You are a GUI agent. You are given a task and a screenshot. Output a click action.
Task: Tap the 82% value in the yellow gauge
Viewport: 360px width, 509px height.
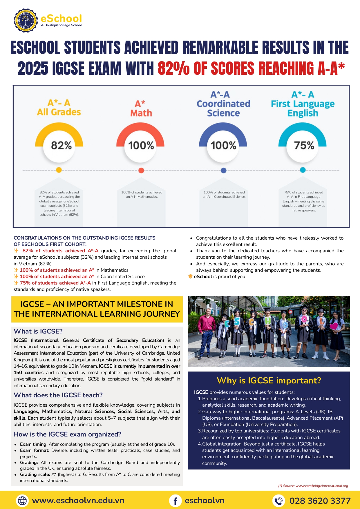(61, 145)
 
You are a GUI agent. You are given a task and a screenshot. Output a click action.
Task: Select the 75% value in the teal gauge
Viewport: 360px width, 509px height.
(304, 145)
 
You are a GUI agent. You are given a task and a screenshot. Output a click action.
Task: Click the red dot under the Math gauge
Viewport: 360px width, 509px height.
(141, 170)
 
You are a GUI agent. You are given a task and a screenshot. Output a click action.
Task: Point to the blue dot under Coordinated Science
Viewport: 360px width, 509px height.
(223, 170)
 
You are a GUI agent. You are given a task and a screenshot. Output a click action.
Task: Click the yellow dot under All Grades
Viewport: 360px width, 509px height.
(59, 170)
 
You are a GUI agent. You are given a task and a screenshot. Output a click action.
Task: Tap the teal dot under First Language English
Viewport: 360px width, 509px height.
(303, 170)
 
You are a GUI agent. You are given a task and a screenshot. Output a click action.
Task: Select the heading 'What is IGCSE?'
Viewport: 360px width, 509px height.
(38, 331)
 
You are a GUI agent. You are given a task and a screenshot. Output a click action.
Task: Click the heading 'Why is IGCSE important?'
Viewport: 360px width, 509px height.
(269, 381)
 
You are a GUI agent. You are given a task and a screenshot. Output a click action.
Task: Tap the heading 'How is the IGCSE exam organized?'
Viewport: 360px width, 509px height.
(67, 434)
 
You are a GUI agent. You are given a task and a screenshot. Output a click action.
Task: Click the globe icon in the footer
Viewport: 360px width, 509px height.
(22, 501)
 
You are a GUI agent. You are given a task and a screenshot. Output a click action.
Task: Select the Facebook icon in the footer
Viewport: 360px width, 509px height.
(176, 501)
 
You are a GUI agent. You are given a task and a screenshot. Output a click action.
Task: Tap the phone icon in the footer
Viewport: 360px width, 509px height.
(278, 501)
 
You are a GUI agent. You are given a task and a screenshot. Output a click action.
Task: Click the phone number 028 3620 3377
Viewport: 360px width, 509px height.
(320, 501)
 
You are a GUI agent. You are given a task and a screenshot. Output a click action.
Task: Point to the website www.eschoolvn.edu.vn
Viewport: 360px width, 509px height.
(78, 501)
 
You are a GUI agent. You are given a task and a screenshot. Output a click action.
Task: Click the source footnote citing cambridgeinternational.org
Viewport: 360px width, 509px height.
(313, 486)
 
